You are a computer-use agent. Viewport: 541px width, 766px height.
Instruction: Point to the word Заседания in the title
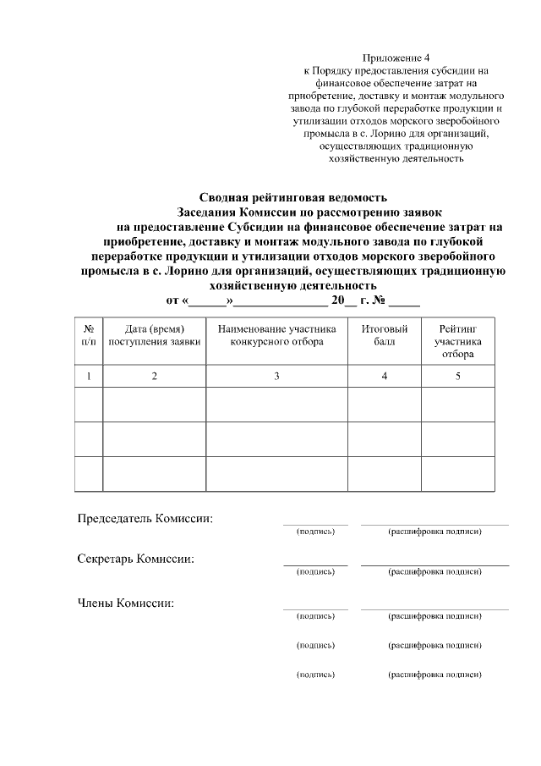pyautogui.click(x=208, y=212)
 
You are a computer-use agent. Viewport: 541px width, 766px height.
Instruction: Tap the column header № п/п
pyautogui.click(x=89, y=334)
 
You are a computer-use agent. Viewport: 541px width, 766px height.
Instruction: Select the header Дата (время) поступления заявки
pyautogui.click(x=154, y=334)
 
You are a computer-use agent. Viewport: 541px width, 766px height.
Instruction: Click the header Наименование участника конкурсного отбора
pyautogui.click(x=276, y=334)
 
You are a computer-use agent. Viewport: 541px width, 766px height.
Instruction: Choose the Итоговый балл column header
pyautogui.click(x=384, y=334)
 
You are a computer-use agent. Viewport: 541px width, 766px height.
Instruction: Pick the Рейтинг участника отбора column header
pyautogui.click(x=457, y=340)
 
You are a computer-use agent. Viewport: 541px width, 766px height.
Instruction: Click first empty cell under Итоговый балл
pyautogui.click(x=384, y=403)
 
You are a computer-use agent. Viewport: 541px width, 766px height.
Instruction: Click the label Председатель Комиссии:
pyautogui.click(x=145, y=518)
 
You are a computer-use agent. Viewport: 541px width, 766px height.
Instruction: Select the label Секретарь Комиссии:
pyautogui.click(x=135, y=559)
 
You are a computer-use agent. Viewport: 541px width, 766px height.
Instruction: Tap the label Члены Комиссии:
pyautogui.click(x=126, y=603)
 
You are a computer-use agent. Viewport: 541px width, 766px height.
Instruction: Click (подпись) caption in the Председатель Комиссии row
pyautogui.click(x=315, y=532)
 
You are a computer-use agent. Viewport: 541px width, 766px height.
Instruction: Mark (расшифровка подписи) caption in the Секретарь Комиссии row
pyautogui.click(x=434, y=572)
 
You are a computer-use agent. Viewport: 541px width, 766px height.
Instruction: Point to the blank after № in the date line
pyautogui.click(x=405, y=301)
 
